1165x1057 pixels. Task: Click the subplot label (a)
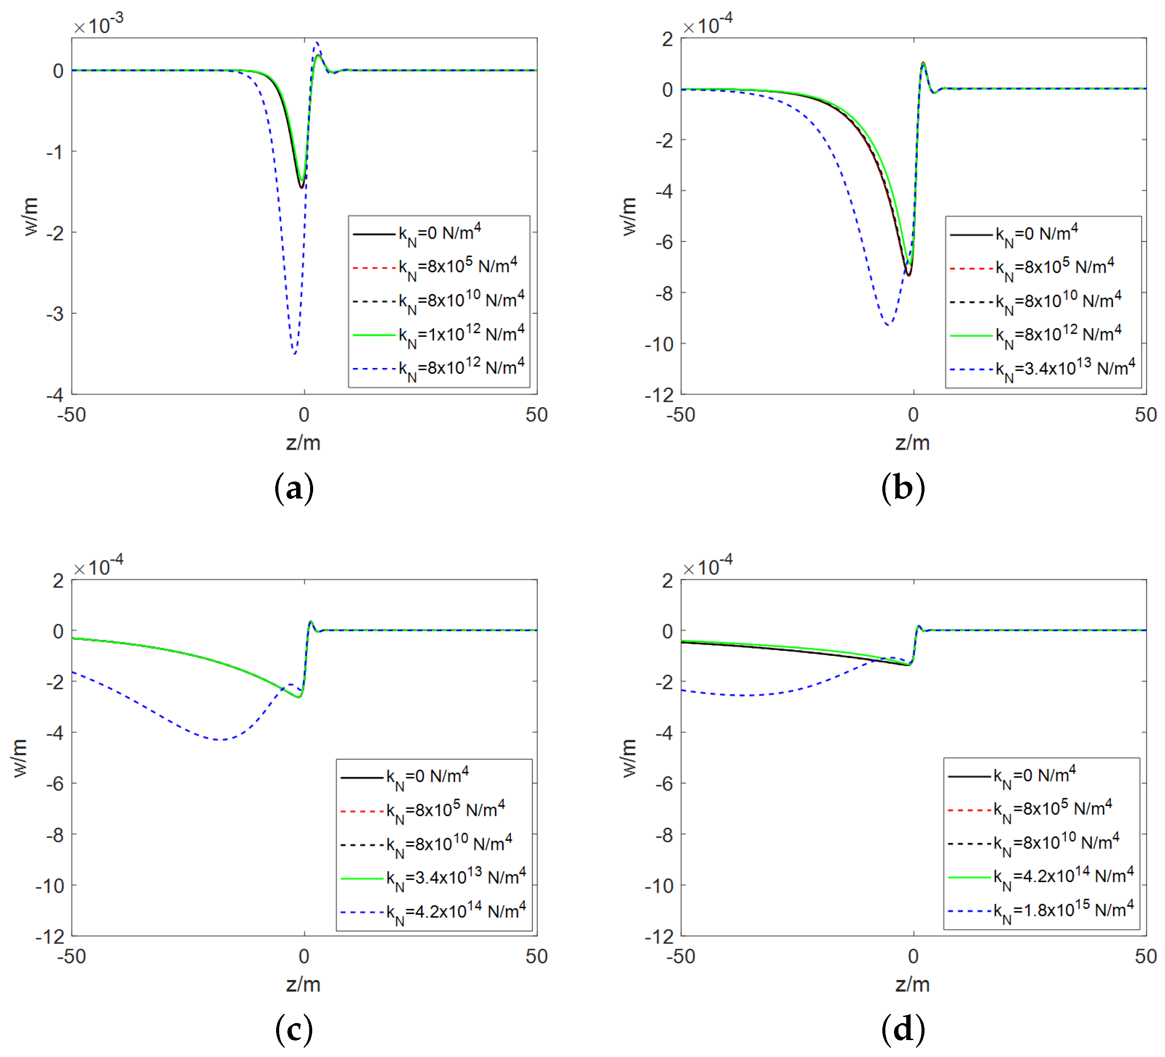pos(294,488)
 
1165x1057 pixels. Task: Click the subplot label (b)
pos(903,488)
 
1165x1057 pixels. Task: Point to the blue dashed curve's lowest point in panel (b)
pos(888,325)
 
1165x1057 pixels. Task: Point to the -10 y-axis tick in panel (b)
pos(659,345)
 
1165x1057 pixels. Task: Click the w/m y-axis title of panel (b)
pos(629,217)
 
